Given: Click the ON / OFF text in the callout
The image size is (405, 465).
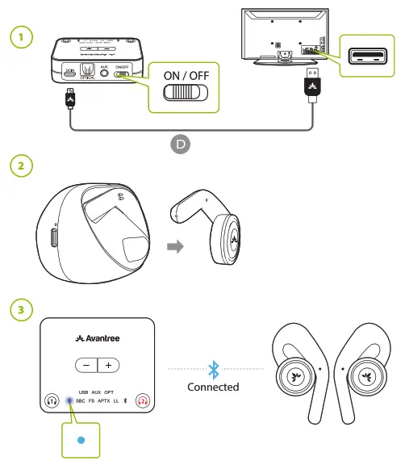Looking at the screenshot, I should [x=185, y=75].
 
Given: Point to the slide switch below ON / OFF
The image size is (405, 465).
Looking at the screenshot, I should [x=185, y=93].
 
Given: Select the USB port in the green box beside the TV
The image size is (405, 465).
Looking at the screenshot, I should [x=369, y=55].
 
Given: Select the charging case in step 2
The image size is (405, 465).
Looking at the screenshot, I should [x=92, y=231].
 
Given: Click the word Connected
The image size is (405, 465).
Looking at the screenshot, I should [x=213, y=387].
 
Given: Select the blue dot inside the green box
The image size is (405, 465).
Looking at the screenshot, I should [x=80, y=441].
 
